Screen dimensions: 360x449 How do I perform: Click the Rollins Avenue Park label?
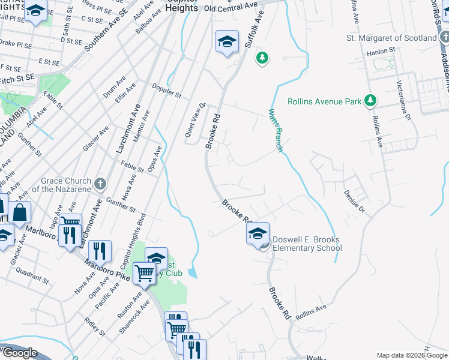click(324, 101)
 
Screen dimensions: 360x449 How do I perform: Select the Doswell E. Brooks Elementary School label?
click(307, 244)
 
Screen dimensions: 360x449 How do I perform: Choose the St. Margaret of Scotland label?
click(391, 38)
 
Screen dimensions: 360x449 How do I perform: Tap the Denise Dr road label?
click(354, 202)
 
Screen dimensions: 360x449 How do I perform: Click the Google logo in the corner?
click(20, 353)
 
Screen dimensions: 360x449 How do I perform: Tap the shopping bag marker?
click(20, 212)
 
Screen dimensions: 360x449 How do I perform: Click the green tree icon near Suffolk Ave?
click(262, 58)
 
